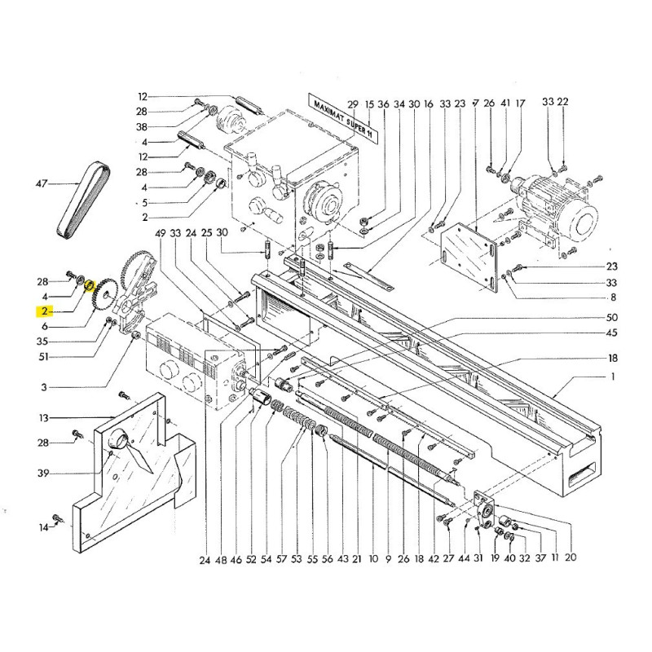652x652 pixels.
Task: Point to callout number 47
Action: [43, 185]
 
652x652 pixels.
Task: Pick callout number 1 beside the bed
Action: [613, 377]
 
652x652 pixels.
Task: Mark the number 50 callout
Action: [612, 317]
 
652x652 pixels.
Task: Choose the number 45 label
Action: [612, 333]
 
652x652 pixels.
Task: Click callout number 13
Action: [43, 418]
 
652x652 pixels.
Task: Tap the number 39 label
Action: [43, 473]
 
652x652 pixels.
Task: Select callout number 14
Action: [43, 528]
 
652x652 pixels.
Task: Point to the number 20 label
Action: [570, 558]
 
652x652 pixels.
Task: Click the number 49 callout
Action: [160, 233]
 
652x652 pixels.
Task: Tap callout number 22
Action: [562, 103]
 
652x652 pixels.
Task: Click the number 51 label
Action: [43, 356]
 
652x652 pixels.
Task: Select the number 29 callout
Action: [353, 104]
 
